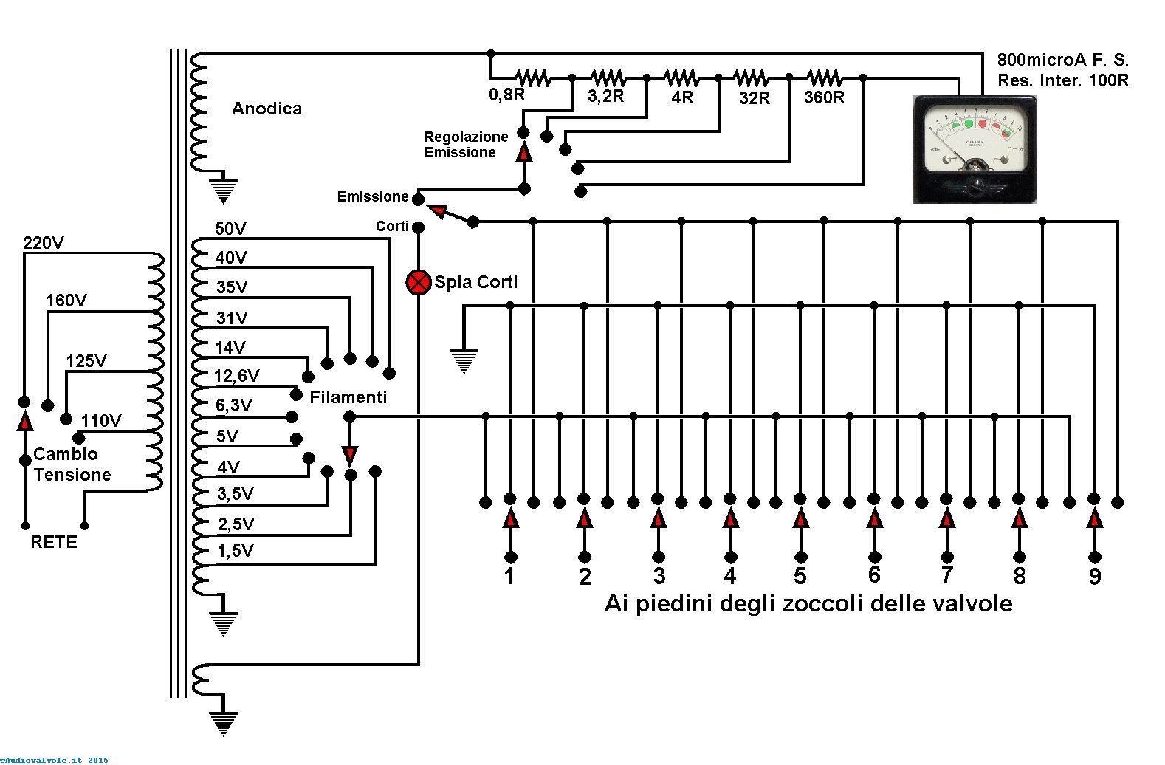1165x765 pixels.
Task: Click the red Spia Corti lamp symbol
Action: [x=418, y=282]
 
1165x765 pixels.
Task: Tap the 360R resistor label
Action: [x=824, y=97]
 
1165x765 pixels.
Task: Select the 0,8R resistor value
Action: [x=506, y=95]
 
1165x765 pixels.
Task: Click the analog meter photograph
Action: [x=975, y=149]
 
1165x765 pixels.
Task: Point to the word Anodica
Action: [x=267, y=108]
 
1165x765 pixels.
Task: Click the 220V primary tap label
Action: [x=44, y=243]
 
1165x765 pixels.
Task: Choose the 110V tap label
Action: [x=101, y=420]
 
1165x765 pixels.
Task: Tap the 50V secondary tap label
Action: [x=230, y=229]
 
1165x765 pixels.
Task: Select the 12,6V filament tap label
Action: [x=237, y=375]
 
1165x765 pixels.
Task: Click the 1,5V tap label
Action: [x=236, y=550]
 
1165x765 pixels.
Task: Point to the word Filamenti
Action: [x=348, y=397]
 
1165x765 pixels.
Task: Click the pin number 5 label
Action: [x=800, y=576]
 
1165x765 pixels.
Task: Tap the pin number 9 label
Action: [x=1095, y=576]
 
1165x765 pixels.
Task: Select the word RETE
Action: [x=54, y=542]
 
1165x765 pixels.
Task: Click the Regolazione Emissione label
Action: [x=466, y=145]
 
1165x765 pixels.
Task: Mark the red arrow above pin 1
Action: [x=511, y=518]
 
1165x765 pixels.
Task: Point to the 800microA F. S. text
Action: [x=1063, y=60]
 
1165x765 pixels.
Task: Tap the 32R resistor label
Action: [x=754, y=97]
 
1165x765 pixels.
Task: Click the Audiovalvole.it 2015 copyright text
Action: [x=54, y=760]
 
